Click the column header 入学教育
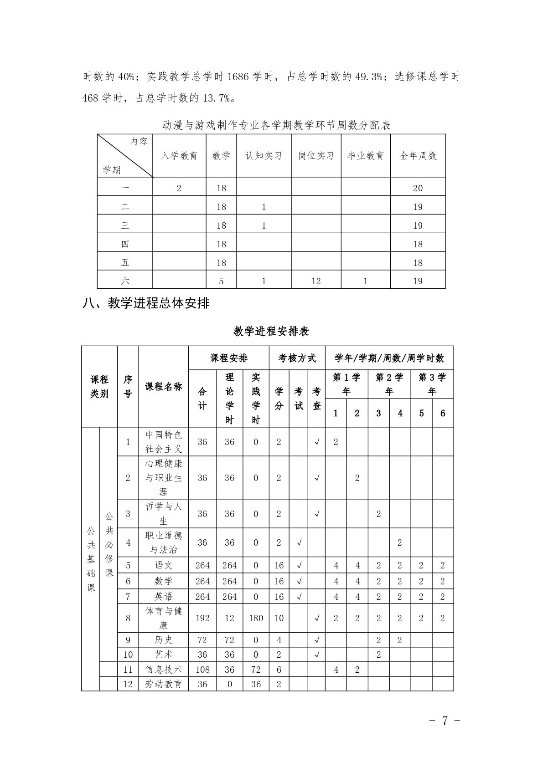point(179,156)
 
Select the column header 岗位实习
point(316,156)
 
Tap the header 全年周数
point(418,156)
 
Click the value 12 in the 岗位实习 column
point(316,281)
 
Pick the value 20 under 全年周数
point(418,188)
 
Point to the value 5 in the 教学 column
point(221,281)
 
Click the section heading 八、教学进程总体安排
point(146,303)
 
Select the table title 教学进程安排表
point(271,331)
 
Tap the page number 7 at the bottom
point(445,721)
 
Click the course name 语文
point(163,565)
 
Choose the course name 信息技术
point(163,669)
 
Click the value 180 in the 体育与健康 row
point(256,618)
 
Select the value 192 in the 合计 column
point(202,618)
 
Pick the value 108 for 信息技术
point(202,669)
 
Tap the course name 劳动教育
point(163,684)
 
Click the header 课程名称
point(163,387)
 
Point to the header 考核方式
point(297,358)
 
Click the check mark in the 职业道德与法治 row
point(299,542)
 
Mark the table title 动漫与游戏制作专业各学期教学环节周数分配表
point(276,125)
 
